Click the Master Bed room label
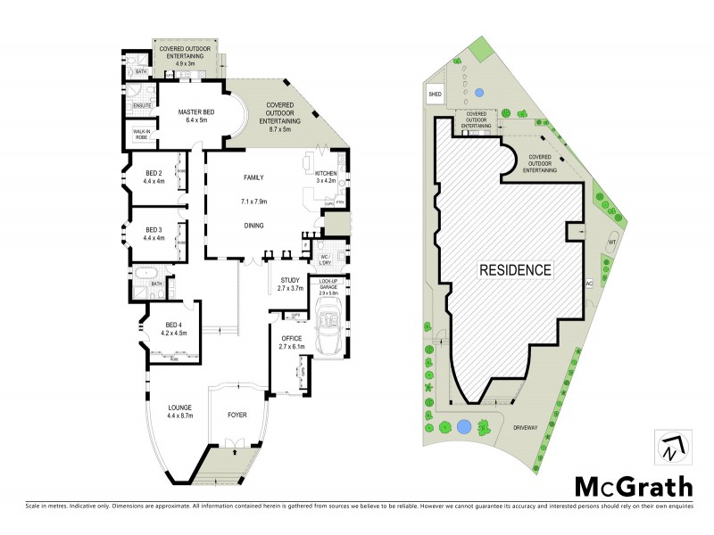[193, 111]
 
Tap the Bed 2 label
[154, 173]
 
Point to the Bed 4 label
[172, 325]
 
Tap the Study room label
[288, 280]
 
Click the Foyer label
[237, 415]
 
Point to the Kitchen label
[325, 172]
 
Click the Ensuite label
[141, 105]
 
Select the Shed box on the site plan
[436, 93]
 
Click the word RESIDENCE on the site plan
[516, 268]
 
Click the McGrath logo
[633, 486]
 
